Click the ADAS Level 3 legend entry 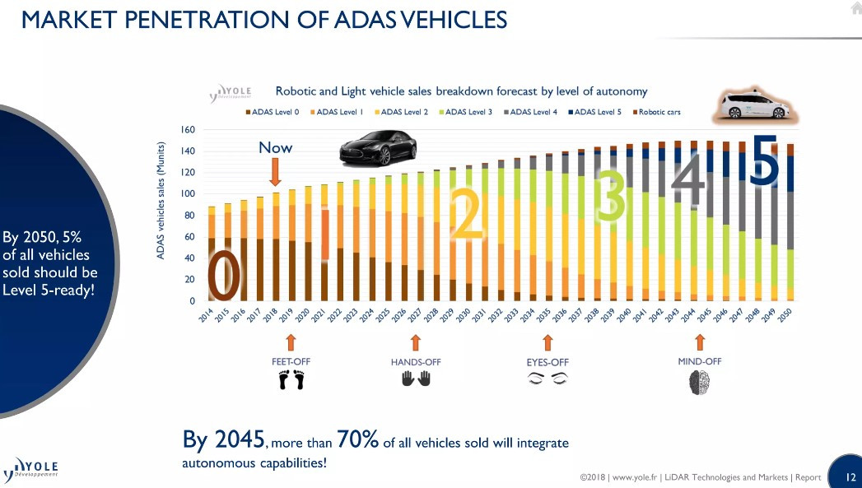tap(471, 112)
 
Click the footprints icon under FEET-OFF tap(291, 380)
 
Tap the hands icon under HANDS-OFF tap(416, 379)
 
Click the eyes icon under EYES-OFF tap(547, 379)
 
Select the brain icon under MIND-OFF tap(699, 382)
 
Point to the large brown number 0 tap(224, 277)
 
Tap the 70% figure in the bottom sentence tap(357, 441)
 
